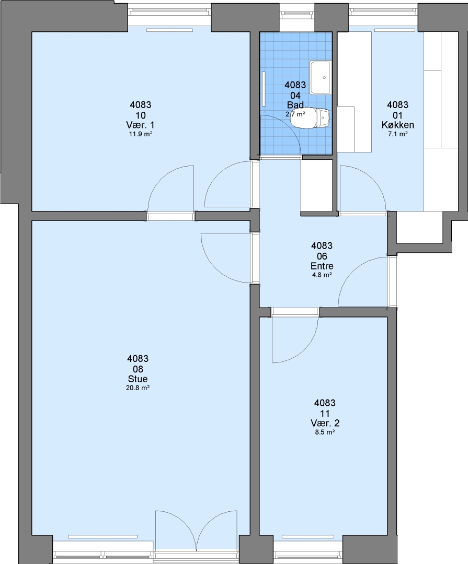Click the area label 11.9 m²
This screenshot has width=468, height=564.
[x=141, y=134]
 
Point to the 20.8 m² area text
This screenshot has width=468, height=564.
[x=138, y=388]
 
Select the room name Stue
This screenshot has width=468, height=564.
[x=138, y=379]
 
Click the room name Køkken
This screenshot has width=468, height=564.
[x=398, y=125]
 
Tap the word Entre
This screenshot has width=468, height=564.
[x=322, y=266]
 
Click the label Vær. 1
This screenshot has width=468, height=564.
[x=141, y=125]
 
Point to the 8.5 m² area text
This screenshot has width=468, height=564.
[x=325, y=433]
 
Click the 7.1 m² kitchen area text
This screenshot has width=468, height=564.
[x=398, y=134]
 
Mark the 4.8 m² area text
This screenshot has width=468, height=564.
[x=322, y=275]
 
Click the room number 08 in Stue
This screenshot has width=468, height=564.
[x=138, y=369]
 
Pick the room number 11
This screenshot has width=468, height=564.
[x=325, y=413]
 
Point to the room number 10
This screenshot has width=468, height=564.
[x=141, y=115]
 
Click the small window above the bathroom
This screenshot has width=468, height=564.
[x=296, y=14]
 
